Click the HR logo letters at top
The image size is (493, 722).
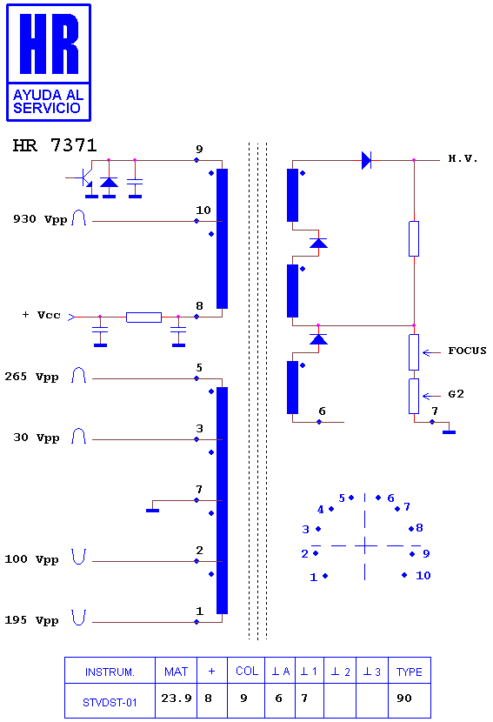pyautogui.click(x=50, y=43)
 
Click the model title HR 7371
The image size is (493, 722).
pyautogui.click(x=55, y=145)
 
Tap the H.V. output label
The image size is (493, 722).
pyautogui.click(x=463, y=159)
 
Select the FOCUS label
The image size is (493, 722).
pyautogui.click(x=467, y=351)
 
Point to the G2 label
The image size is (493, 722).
pyautogui.click(x=456, y=394)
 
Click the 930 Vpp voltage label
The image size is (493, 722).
pyautogui.click(x=40, y=219)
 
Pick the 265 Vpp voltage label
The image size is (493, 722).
pyautogui.click(x=32, y=377)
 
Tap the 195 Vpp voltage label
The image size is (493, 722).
pyautogui.click(x=32, y=620)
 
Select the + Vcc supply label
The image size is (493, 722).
pyautogui.click(x=42, y=315)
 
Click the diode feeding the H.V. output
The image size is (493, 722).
pyautogui.click(x=366, y=160)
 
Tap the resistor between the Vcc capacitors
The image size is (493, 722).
pyautogui.click(x=143, y=317)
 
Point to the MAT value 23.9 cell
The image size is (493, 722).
pyautogui.click(x=176, y=699)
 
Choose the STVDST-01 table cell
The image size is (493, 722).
pyautogui.click(x=110, y=702)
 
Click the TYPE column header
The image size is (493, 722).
pyautogui.click(x=410, y=672)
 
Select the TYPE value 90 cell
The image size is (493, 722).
pyautogui.click(x=410, y=699)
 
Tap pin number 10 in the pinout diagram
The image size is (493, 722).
pyautogui.click(x=423, y=575)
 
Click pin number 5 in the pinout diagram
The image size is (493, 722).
pyautogui.click(x=342, y=498)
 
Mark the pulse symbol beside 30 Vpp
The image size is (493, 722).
pyautogui.click(x=79, y=436)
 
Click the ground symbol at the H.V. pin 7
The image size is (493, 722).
pyautogui.click(x=449, y=432)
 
